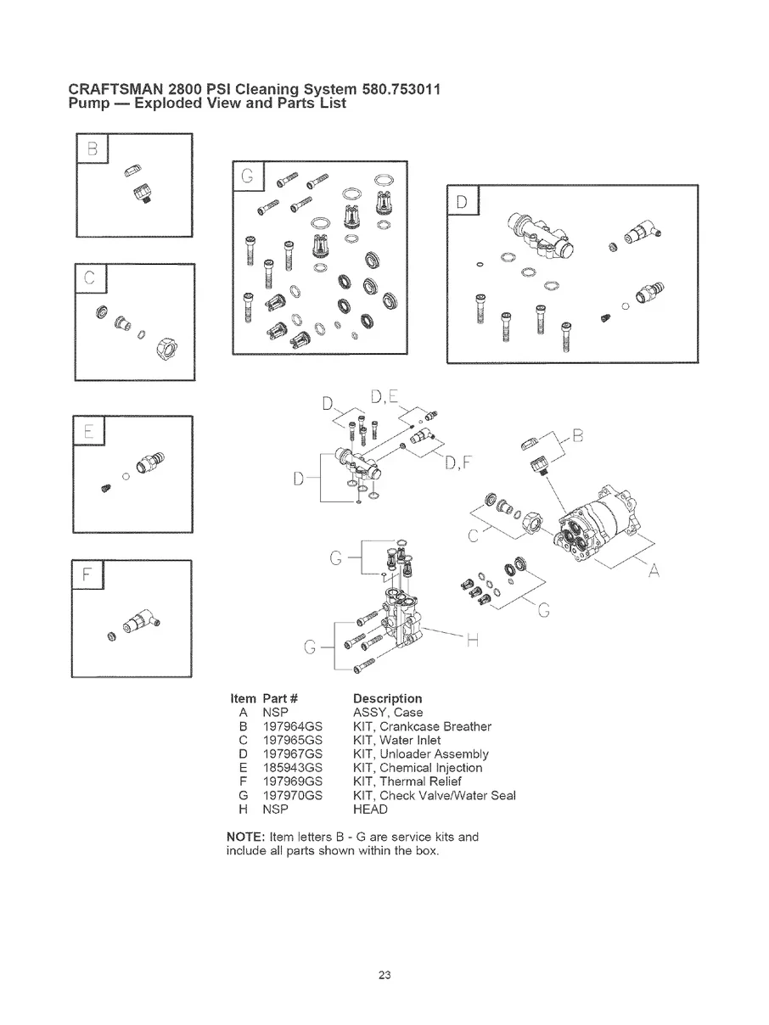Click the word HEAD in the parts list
pos(369,809)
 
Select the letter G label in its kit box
pos(247,176)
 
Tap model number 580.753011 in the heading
pos(398,88)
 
